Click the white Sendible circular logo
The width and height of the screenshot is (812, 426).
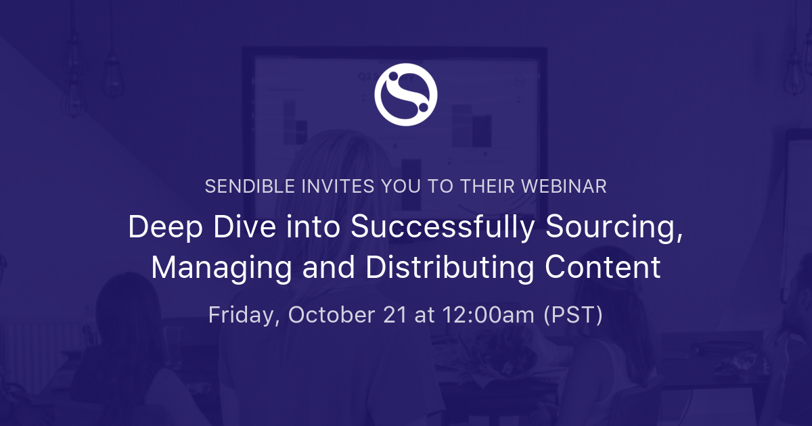pos(406,94)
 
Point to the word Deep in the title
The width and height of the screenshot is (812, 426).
pos(160,229)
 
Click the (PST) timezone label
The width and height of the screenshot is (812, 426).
pos(573,315)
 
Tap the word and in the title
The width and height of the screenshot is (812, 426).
pos(328,268)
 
